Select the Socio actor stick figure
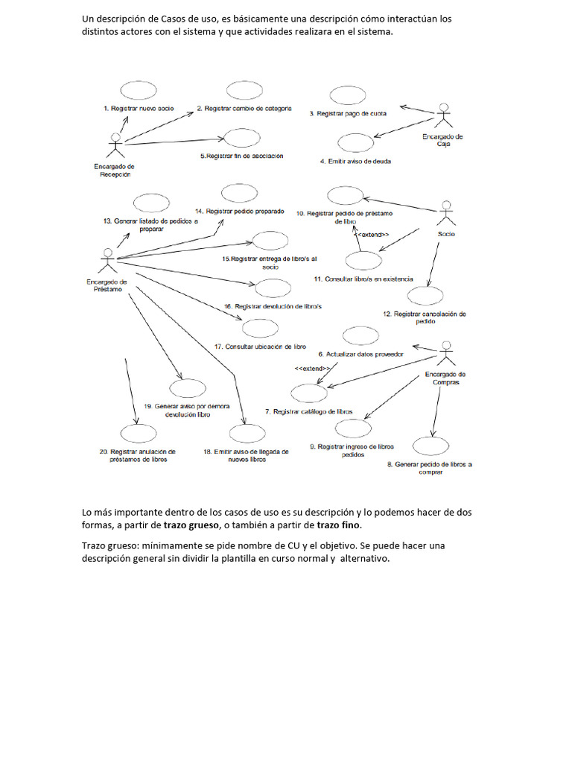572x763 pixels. click(445, 215)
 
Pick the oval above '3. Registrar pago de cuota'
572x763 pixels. click(347, 95)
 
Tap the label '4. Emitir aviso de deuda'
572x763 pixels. click(355, 161)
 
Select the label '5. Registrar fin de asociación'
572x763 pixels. click(241, 156)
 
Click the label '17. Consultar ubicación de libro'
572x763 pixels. click(260, 346)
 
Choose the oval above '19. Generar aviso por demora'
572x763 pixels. click(187, 387)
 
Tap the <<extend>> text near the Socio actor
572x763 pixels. click(374, 235)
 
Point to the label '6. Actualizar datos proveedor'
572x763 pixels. click(360, 354)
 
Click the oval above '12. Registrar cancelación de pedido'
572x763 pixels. click(425, 296)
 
